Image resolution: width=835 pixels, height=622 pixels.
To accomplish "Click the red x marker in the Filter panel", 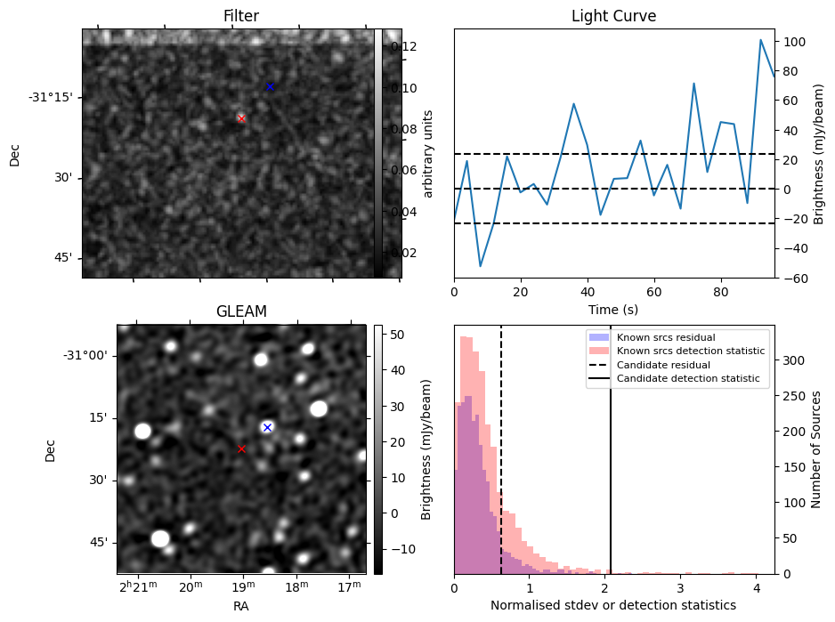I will pyautogui.click(x=241, y=118).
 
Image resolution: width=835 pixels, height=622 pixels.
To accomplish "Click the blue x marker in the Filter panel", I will pyautogui.click(x=270, y=86).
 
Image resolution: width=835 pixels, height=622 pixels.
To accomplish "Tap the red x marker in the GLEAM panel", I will pyautogui.click(x=241, y=449).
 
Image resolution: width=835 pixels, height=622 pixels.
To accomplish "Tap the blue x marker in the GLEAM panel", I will pyautogui.click(x=267, y=428).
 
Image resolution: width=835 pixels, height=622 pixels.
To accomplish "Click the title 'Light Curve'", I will pyautogui.click(x=613, y=17).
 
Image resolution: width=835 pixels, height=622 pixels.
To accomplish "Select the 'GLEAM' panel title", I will pyautogui.click(x=241, y=311).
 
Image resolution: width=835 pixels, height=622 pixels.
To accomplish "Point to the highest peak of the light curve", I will pyautogui.click(x=761, y=40).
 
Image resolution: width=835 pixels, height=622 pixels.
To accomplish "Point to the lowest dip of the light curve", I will pyautogui.click(x=481, y=266).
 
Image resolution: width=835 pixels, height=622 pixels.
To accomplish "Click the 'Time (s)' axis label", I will pyautogui.click(x=613, y=310).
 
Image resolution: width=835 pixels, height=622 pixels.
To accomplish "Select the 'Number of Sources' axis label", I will pyautogui.click(x=816, y=448).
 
